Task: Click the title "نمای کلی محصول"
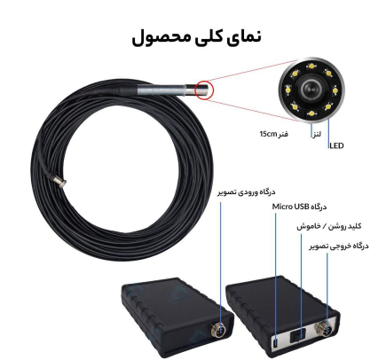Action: point(196,37)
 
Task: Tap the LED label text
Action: point(336,145)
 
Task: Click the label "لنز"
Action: point(316,135)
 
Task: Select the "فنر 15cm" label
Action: point(273,135)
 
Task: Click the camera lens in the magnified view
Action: point(311,89)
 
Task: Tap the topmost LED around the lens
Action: point(311,66)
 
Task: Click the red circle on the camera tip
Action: point(204,90)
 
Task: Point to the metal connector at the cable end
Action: point(61,182)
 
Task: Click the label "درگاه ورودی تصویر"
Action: point(247,192)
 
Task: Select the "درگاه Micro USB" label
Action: point(299,207)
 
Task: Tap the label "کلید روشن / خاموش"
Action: point(328,226)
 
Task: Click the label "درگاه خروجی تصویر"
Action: point(339,246)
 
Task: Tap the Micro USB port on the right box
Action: point(275,344)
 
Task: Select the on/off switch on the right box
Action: point(298,335)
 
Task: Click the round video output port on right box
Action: point(325,328)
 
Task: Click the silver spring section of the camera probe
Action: point(161,90)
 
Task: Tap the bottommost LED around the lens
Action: point(311,113)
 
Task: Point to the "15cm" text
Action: point(267,135)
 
